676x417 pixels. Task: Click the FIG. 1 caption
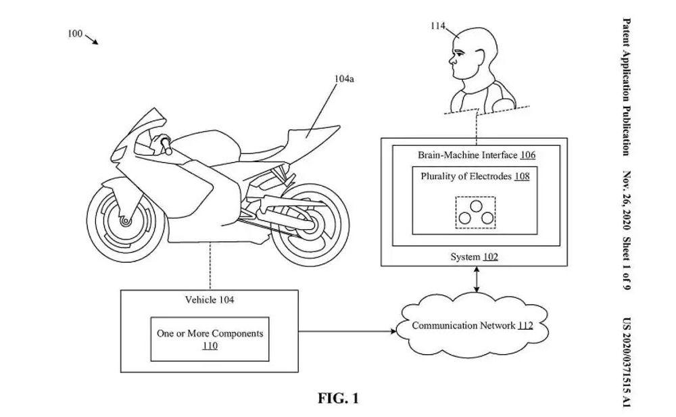pyautogui.click(x=338, y=398)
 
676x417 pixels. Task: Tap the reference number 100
pyautogui.click(x=76, y=33)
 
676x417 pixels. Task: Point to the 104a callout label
pyautogui.click(x=344, y=79)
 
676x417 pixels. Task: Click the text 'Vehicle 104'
pyautogui.click(x=210, y=299)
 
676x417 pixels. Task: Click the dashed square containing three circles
pyautogui.click(x=475, y=212)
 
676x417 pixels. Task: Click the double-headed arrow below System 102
pyautogui.click(x=478, y=280)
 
